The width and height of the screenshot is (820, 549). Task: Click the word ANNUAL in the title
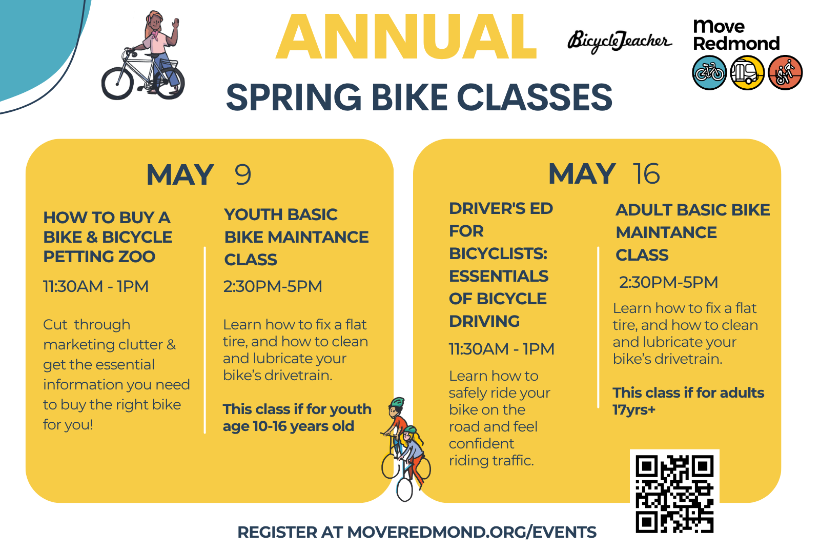click(406, 36)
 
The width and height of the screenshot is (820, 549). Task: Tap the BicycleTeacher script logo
click(620, 41)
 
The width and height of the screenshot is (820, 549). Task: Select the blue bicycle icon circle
click(709, 72)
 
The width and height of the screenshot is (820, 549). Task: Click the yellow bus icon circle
click(747, 72)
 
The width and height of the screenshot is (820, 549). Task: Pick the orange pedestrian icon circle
click(785, 72)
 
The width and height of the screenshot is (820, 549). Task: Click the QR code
click(674, 494)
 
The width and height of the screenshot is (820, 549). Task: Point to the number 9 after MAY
click(243, 174)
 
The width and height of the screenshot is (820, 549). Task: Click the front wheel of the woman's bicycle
click(117, 83)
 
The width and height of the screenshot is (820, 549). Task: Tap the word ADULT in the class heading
click(644, 210)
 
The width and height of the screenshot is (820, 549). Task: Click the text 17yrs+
click(634, 410)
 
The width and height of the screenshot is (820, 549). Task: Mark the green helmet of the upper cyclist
click(398, 402)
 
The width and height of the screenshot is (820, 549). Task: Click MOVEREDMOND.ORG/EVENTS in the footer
click(471, 532)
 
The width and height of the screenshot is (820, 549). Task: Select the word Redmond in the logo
click(736, 43)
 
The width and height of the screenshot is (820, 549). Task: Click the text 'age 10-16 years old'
click(289, 426)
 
